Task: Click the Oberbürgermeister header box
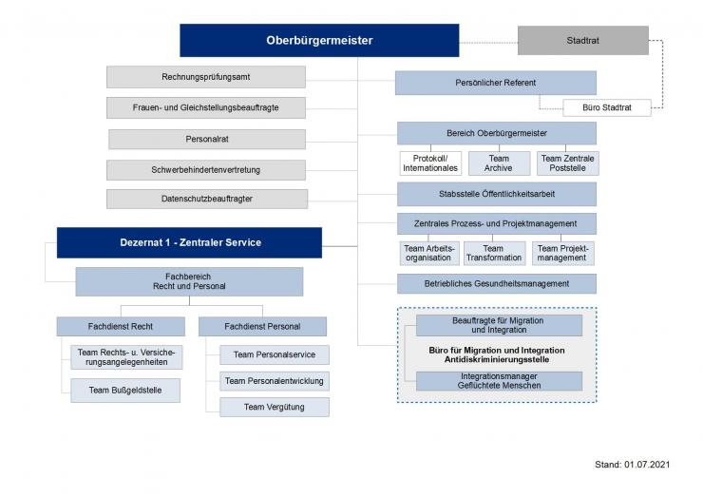tap(319, 41)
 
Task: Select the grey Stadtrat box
tap(582, 41)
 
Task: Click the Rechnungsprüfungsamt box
tap(206, 76)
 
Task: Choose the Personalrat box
tap(206, 139)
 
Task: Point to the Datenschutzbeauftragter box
tap(206, 199)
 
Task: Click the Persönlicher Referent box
tap(496, 83)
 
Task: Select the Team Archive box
tap(498, 163)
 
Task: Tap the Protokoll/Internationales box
tap(429, 163)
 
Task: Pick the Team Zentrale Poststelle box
tap(568, 163)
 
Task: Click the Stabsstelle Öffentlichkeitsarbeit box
tap(496, 194)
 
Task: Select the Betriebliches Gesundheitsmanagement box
tap(496, 283)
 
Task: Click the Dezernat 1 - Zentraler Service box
tap(189, 242)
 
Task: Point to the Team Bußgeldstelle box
tap(125, 390)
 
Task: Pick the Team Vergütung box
tap(274, 407)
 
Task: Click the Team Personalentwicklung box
tap(274, 381)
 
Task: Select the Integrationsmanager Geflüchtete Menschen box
tap(499, 381)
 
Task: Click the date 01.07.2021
tap(654, 464)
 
